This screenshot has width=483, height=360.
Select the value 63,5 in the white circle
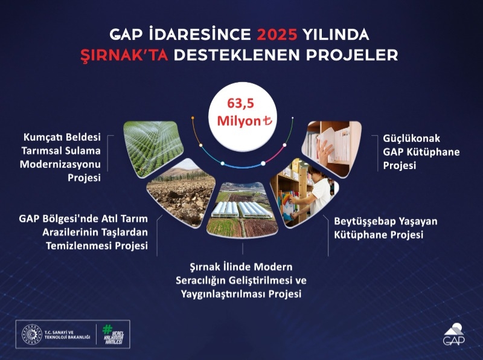tap(241, 102)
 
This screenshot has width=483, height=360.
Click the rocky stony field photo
tap(181, 193)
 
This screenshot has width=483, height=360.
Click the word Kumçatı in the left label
tap(47, 137)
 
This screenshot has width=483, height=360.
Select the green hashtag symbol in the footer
tap(107, 329)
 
